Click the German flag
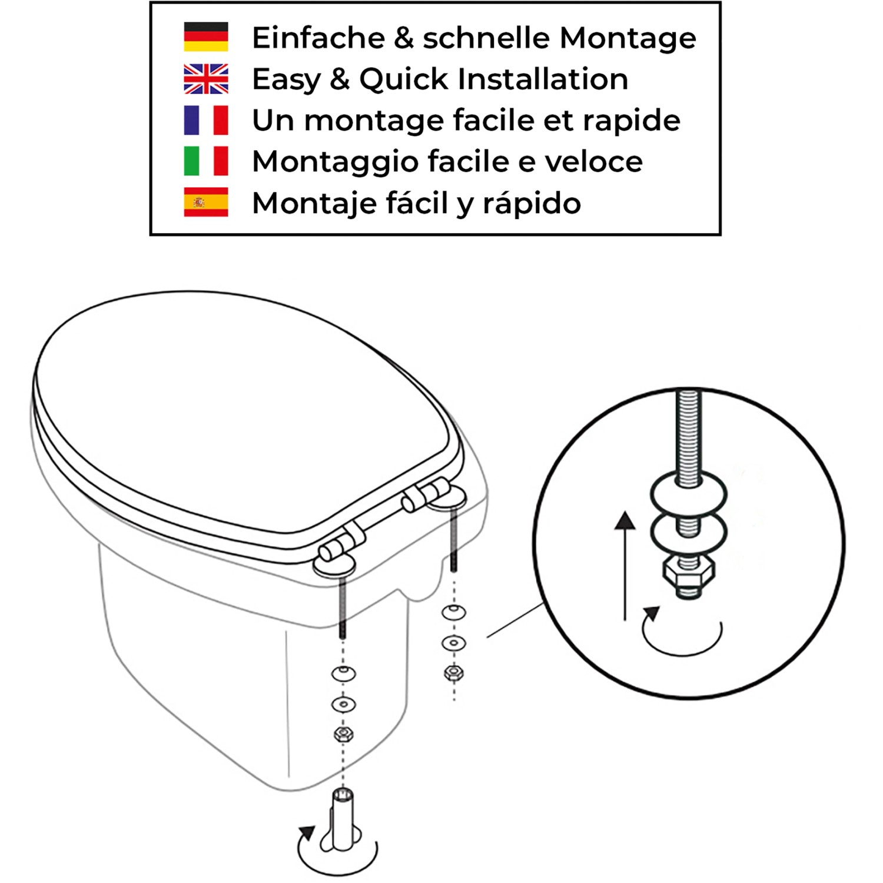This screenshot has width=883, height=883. [x=205, y=37]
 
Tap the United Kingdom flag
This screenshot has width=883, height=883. [x=205, y=79]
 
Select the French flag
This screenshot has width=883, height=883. [x=205, y=120]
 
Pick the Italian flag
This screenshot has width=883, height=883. [x=205, y=161]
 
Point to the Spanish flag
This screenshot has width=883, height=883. [x=205, y=203]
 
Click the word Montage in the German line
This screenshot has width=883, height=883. [x=628, y=38]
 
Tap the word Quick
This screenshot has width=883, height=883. [x=404, y=79]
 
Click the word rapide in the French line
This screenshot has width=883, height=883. [x=631, y=121]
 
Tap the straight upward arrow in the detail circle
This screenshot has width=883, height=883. [x=625, y=565]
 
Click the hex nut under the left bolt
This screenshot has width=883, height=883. [x=343, y=734]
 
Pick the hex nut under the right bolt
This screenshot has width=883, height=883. [x=453, y=672]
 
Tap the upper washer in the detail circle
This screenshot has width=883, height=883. [x=688, y=493]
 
